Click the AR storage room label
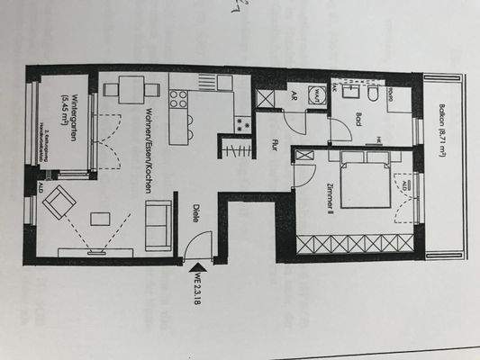292,94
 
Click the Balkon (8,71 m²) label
443,117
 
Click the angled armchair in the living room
61,202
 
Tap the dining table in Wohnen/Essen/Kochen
131,89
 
